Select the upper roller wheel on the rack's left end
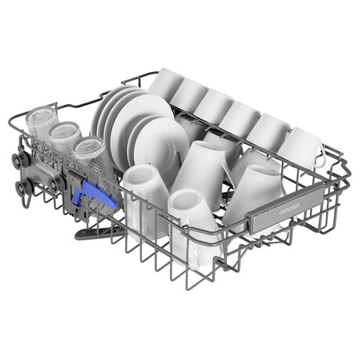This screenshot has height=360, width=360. pyautogui.click(x=20, y=159)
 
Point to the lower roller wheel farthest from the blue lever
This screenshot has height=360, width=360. pyautogui.click(x=22, y=186)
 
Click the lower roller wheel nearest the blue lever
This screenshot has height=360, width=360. pyautogui.click(x=56, y=182)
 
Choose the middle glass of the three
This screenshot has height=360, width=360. pyautogui.click(x=64, y=139)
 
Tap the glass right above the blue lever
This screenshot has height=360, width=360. pyautogui.click(x=96, y=167)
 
